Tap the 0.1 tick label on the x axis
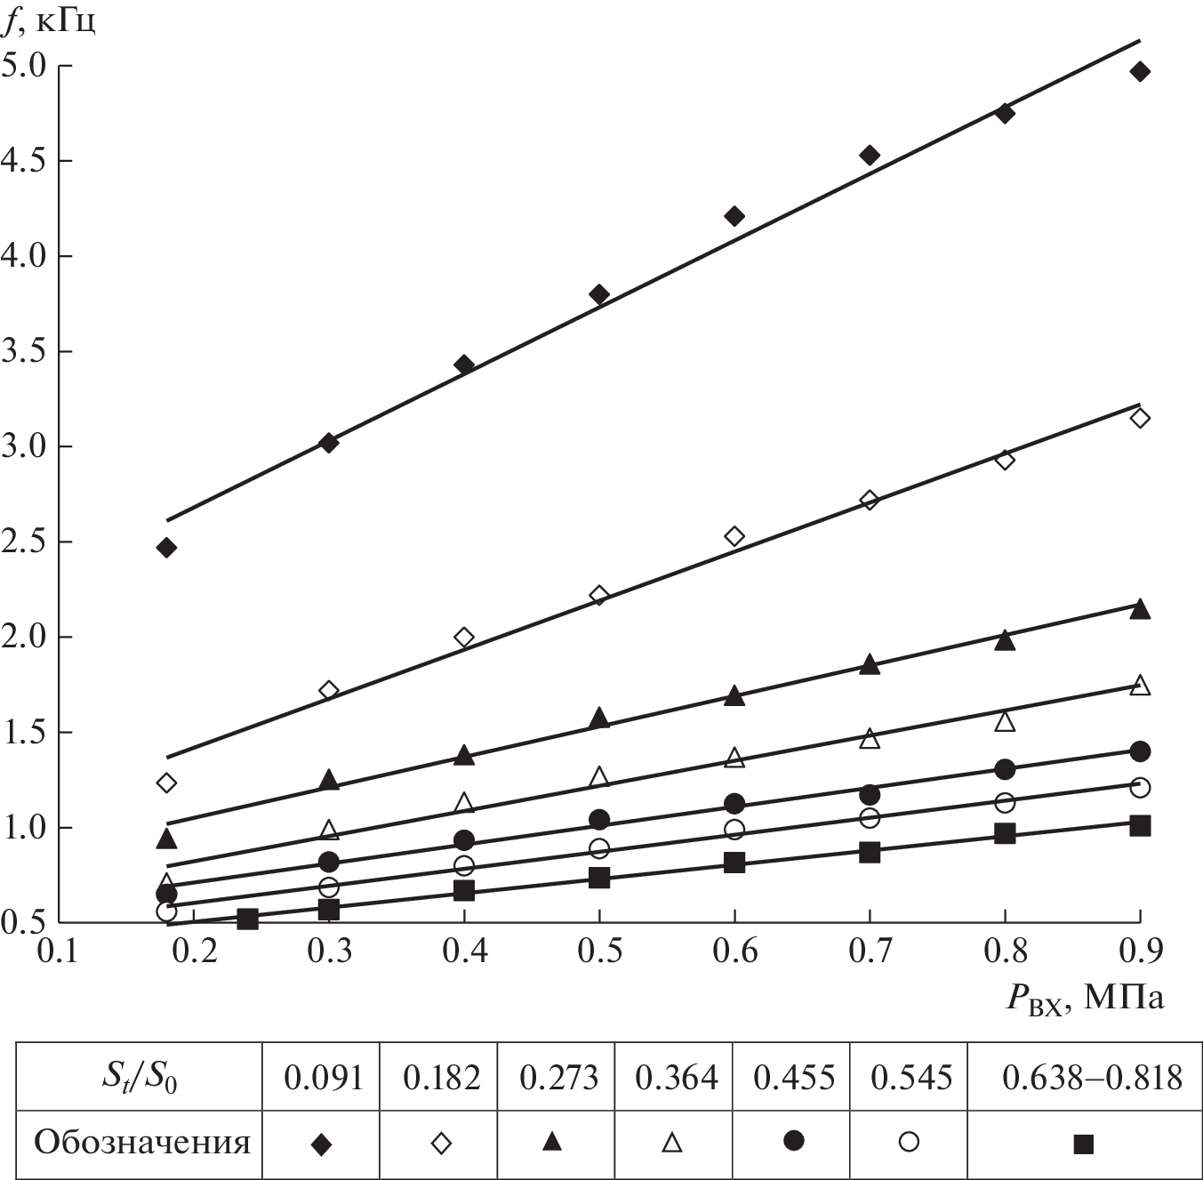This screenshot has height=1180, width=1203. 58,951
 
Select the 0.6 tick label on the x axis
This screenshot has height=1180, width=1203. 734,951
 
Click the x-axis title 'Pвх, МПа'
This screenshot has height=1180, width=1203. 1084,998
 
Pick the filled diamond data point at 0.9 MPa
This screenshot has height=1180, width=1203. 1140,71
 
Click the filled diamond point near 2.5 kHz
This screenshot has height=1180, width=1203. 166,548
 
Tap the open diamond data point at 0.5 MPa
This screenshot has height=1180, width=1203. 599,595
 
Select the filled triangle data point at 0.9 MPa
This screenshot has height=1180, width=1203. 1140,609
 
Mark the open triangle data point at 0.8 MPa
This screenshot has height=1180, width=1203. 1005,721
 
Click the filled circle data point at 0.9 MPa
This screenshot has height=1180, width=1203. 1140,751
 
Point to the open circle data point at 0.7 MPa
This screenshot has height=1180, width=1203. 870,817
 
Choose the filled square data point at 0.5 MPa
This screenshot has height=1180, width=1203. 599,878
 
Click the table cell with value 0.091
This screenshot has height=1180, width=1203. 323,1078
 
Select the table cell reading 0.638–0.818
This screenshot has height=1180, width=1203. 1092,1078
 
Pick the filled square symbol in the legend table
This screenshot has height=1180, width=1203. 1083,1144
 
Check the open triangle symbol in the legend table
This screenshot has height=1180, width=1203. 672,1142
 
